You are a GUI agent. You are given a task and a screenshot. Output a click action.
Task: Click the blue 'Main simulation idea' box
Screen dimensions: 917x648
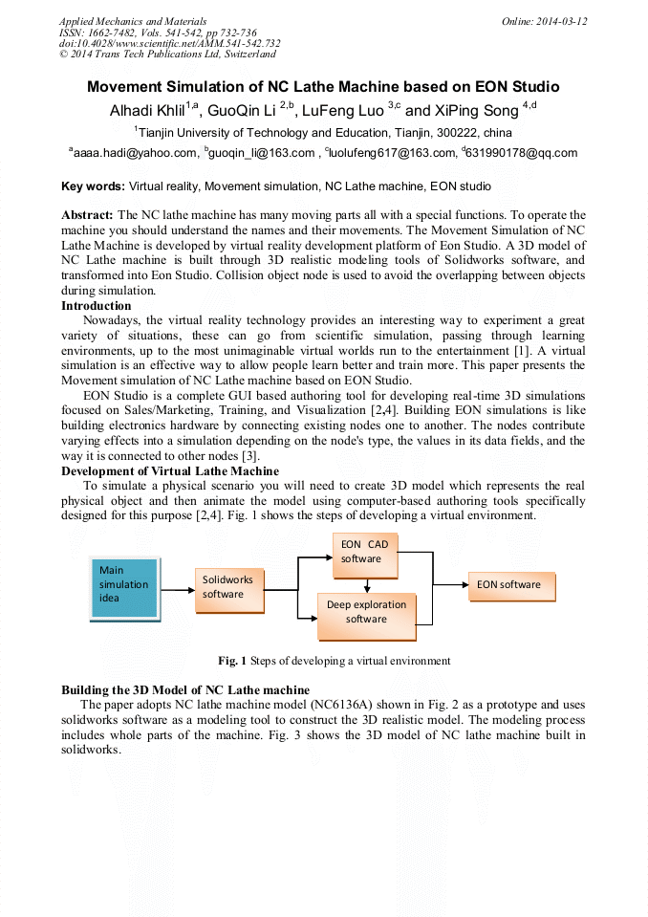pos(122,585)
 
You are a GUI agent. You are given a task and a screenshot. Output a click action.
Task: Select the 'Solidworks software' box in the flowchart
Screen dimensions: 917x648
pos(230,586)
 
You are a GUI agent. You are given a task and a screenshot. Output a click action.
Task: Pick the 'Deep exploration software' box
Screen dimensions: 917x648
pos(367,612)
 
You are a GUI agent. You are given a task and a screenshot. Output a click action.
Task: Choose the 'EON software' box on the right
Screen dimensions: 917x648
pos(510,584)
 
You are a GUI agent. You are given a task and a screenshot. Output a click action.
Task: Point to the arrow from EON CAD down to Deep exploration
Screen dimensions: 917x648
pos(366,586)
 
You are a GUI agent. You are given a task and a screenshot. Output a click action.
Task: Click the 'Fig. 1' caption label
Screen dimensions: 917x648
pos(232,661)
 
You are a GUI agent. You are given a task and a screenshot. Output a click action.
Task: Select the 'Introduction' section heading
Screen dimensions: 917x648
pos(97,306)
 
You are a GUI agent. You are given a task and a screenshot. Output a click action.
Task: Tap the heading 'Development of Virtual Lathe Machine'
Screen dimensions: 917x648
pos(170,470)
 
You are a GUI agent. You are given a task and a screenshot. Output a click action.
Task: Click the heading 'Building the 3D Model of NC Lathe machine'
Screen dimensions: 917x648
pos(185,689)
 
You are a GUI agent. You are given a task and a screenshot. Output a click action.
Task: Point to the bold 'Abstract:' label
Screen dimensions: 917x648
pos(88,215)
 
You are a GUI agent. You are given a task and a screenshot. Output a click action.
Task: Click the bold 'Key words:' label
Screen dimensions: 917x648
pos(93,186)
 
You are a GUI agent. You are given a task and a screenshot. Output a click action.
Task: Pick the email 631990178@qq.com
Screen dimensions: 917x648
pos(524,153)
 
